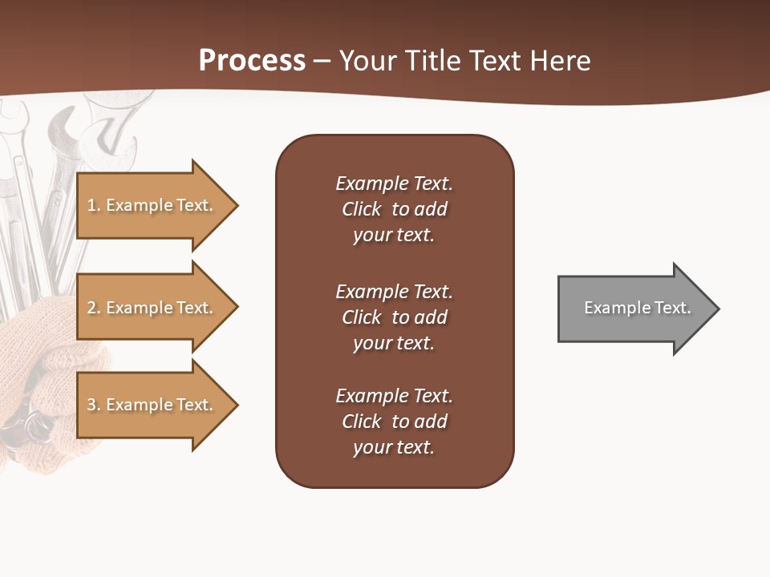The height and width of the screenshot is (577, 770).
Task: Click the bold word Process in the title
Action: [252, 61]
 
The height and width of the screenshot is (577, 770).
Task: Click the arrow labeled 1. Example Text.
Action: [150, 205]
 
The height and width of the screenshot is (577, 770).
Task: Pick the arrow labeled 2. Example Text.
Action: [150, 308]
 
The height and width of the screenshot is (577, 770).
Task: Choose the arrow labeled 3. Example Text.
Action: [150, 405]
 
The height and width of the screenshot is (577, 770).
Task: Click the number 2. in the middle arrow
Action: [94, 308]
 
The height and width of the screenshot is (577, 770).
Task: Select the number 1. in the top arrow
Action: [94, 205]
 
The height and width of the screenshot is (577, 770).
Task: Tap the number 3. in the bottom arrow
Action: [94, 405]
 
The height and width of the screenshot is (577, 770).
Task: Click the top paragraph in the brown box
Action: [394, 209]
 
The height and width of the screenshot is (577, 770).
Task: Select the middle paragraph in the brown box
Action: [394, 317]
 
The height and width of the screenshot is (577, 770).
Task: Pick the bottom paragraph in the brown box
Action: [394, 422]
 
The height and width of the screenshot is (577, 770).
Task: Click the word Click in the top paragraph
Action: [362, 209]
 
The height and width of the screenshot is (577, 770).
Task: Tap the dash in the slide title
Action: [322, 62]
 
